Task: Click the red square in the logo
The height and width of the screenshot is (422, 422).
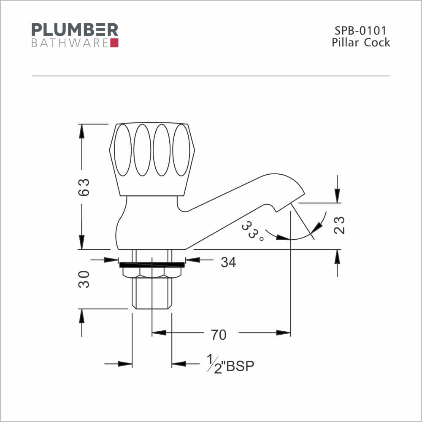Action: (x=114, y=43)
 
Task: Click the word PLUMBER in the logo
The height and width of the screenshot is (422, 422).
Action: (x=75, y=30)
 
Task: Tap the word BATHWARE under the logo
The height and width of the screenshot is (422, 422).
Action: (x=70, y=43)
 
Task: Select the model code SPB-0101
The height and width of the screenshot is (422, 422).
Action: (x=360, y=31)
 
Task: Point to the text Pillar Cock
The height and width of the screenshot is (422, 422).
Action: (x=361, y=43)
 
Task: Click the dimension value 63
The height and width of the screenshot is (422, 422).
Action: (x=84, y=187)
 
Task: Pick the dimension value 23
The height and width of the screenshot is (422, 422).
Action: (x=339, y=225)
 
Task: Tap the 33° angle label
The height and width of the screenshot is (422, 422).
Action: (x=252, y=231)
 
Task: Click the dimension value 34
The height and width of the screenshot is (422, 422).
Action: (x=228, y=262)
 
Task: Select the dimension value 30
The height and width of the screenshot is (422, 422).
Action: (x=84, y=279)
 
